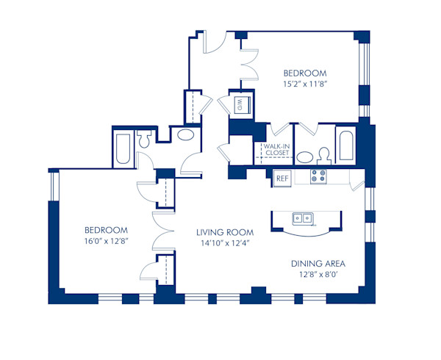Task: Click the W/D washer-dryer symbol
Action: pos(240,105)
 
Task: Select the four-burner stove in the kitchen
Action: pos(318,176)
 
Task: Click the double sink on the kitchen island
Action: pos(301,218)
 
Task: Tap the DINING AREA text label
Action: pos(318,264)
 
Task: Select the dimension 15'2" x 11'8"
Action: pos(305,84)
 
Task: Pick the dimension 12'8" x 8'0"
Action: pos(318,276)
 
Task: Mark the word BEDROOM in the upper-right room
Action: pos(305,73)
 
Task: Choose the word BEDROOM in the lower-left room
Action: pos(106,228)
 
